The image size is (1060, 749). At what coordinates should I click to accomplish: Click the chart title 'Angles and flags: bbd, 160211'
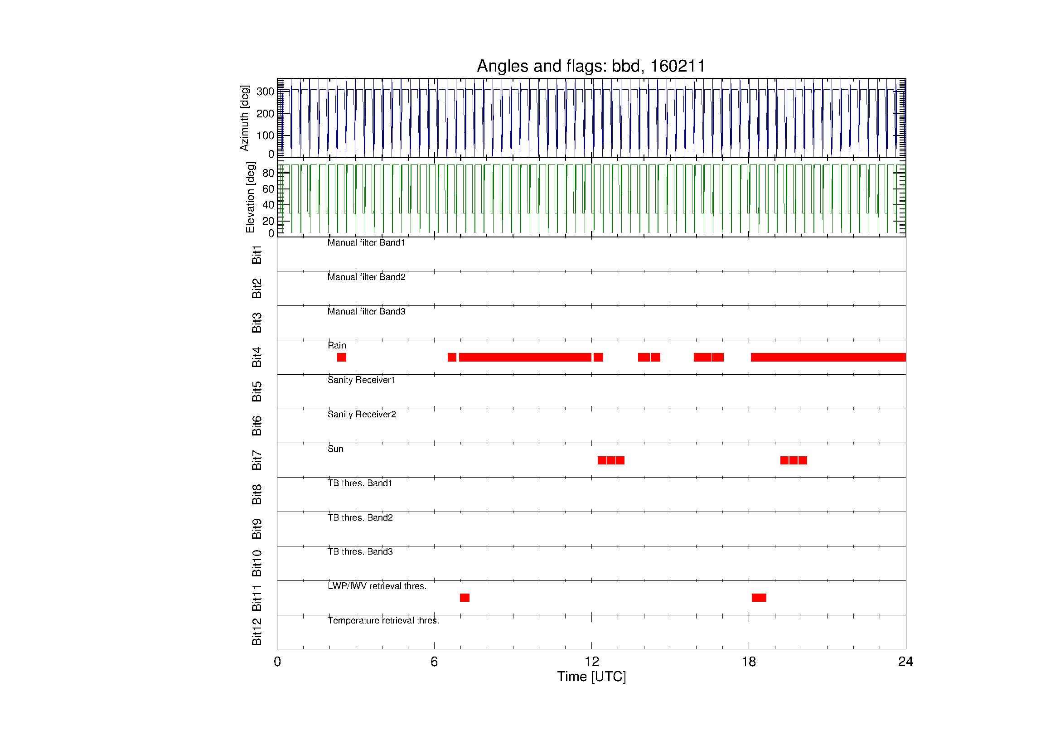(x=591, y=67)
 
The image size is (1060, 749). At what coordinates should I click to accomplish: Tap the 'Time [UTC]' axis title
(x=591, y=677)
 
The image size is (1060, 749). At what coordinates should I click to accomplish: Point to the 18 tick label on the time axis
(x=748, y=662)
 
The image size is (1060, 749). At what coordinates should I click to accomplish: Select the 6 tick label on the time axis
(x=434, y=662)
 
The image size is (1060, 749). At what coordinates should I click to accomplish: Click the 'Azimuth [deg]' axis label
(x=244, y=118)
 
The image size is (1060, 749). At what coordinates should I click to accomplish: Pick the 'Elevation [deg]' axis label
(x=250, y=197)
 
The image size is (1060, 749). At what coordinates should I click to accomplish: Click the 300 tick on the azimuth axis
(x=266, y=92)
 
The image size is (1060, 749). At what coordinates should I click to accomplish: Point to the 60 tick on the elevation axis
(x=268, y=189)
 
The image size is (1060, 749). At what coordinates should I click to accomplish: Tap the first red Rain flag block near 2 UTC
(x=342, y=357)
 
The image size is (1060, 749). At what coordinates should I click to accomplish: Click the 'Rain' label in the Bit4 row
(x=337, y=345)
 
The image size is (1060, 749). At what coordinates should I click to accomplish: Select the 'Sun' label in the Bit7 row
(x=336, y=449)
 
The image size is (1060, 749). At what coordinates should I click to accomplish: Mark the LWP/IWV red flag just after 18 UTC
(x=759, y=598)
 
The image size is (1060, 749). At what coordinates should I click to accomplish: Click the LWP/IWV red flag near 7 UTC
(x=465, y=598)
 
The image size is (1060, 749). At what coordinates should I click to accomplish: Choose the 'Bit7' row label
(x=257, y=460)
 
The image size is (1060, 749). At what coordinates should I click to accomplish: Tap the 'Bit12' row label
(x=257, y=632)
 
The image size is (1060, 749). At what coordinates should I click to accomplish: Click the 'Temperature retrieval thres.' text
(x=383, y=621)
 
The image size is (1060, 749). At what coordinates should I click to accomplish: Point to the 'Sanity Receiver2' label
(x=362, y=415)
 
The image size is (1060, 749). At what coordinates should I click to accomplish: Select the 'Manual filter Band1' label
(x=366, y=243)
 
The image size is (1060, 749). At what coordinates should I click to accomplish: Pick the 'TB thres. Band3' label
(x=360, y=551)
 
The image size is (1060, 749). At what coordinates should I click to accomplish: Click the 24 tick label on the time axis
(x=905, y=662)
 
